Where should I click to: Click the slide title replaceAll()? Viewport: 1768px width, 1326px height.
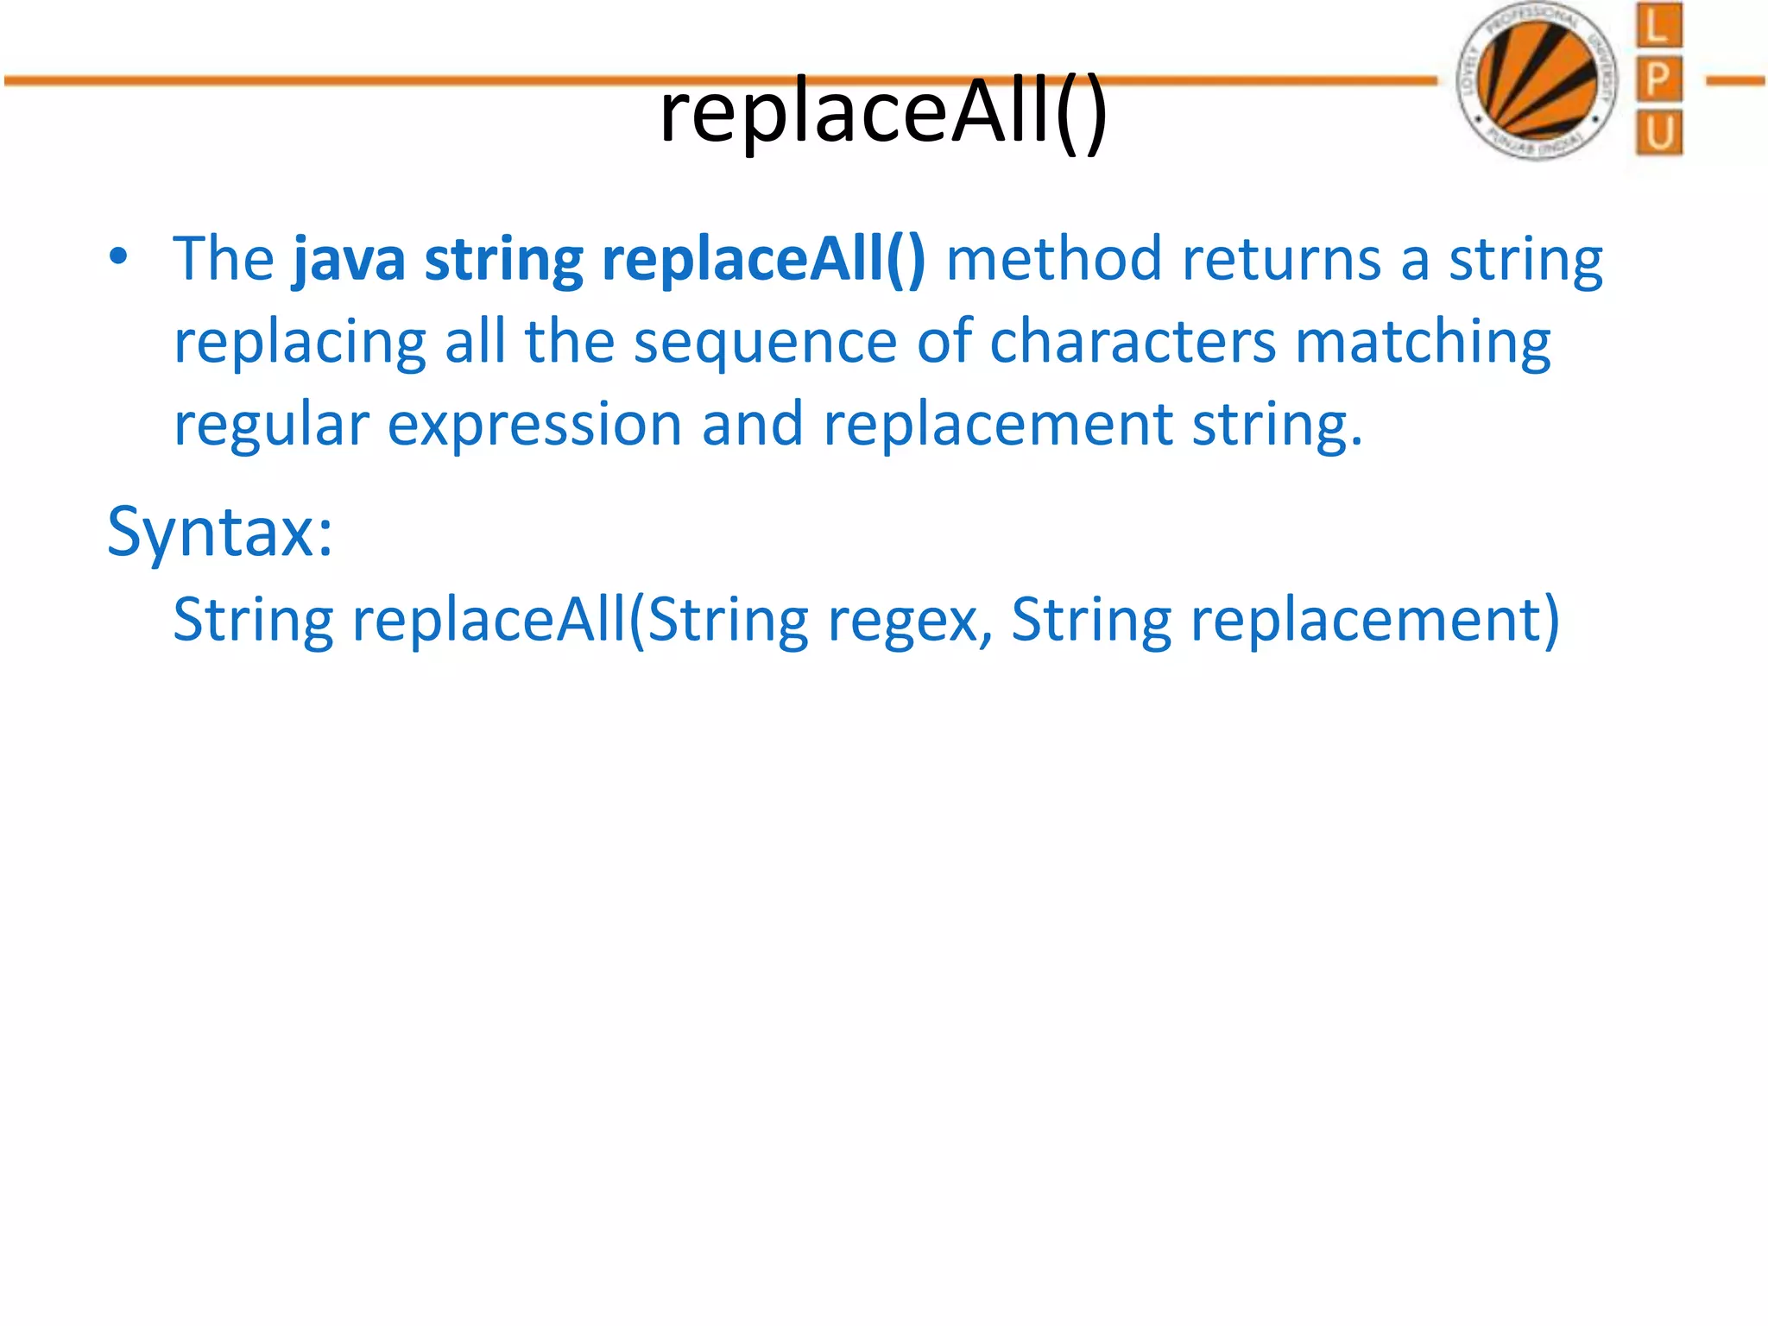882,112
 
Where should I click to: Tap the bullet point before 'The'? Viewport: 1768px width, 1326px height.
118,257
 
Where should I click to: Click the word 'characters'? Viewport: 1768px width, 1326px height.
1132,342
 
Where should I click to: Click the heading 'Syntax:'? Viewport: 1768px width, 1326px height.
220,533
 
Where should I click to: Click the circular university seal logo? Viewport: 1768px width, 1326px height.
1537,80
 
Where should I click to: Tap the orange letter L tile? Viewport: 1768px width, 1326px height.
1658,26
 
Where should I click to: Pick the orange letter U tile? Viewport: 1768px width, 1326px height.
1658,133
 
